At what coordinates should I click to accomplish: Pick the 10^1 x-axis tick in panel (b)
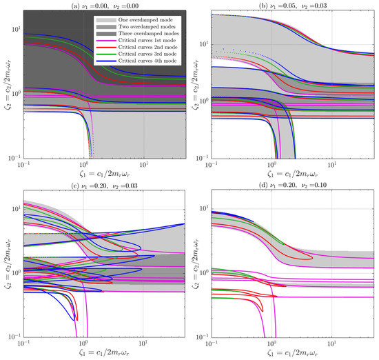[333, 166]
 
